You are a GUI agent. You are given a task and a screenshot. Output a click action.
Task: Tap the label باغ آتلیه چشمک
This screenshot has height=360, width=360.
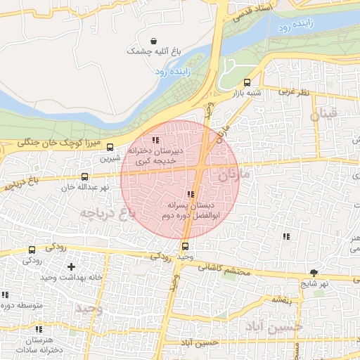(154, 51)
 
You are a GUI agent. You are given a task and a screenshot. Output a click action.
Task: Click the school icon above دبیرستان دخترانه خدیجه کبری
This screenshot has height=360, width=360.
(155, 140)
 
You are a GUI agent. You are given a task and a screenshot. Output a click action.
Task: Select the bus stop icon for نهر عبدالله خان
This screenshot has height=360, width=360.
(84, 177)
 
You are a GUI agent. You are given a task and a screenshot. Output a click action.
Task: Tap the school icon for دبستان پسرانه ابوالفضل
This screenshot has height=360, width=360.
(191, 194)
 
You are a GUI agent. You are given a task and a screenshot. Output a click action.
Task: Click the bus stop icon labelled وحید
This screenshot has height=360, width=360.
(185, 247)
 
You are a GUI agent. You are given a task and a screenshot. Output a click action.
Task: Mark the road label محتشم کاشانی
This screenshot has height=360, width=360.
(230, 268)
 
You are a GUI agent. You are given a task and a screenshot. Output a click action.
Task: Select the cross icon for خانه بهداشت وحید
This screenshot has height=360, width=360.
(71, 267)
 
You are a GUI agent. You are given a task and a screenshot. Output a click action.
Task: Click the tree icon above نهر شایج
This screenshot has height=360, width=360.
(314, 274)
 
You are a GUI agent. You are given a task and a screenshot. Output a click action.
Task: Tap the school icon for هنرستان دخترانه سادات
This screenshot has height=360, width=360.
(39, 329)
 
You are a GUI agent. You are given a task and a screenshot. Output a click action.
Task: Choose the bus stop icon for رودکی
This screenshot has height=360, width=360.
(32, 250)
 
